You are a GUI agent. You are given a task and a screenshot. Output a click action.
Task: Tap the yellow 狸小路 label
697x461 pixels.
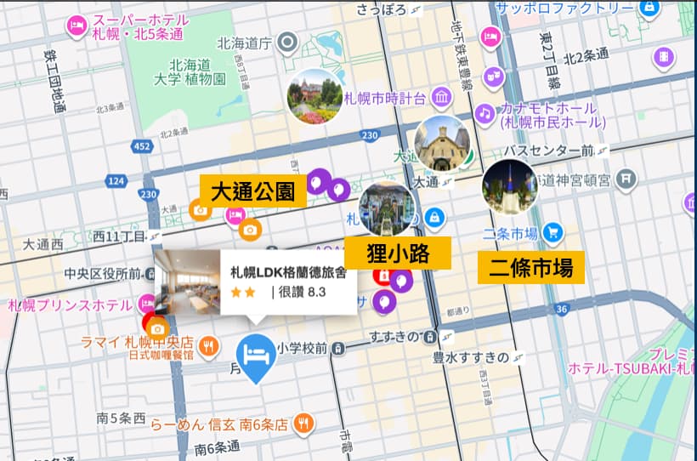(x=397, y=253)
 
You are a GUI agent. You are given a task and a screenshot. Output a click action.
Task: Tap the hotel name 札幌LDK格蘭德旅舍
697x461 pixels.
(x=288, y=273)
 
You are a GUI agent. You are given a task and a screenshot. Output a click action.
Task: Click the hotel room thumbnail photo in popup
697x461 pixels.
(x=186, y=282)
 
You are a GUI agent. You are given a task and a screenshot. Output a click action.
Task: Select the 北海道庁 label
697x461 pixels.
(x=244, y=42)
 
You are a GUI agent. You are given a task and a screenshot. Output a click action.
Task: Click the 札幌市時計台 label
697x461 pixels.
(x=384, y=99)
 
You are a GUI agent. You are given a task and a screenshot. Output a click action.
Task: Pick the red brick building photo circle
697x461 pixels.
(x=315, y=95)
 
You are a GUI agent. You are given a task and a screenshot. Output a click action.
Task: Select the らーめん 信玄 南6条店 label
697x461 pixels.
(x=222, y=424)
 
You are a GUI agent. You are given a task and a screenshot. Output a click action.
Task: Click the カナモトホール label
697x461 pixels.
(x=547, y=109)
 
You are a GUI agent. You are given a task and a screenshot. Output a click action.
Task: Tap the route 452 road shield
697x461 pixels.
(x=142, y=147)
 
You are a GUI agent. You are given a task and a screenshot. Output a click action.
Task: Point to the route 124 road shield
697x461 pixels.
(x=116, y=180)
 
